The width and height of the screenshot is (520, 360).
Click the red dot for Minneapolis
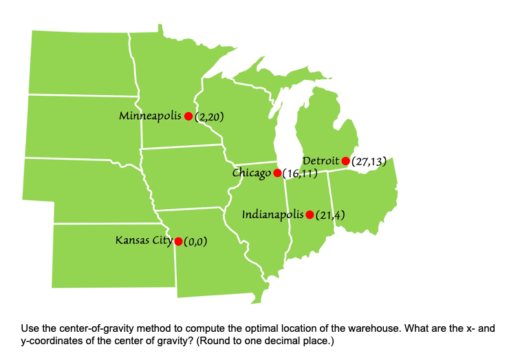coord(188,116)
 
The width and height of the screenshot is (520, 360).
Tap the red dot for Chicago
coord(277,173)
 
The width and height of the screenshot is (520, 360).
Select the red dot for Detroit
coord(345,161)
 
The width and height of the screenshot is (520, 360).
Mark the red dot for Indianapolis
coord(310,215)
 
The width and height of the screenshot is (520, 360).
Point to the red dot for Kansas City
coord(178,241)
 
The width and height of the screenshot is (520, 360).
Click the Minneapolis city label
coord(150,115)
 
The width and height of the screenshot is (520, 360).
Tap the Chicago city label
coord(251,172)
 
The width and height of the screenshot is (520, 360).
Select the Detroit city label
coord(321,160)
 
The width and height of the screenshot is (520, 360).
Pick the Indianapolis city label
coord(273,214)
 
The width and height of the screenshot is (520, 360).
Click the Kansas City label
coord(144,240)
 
